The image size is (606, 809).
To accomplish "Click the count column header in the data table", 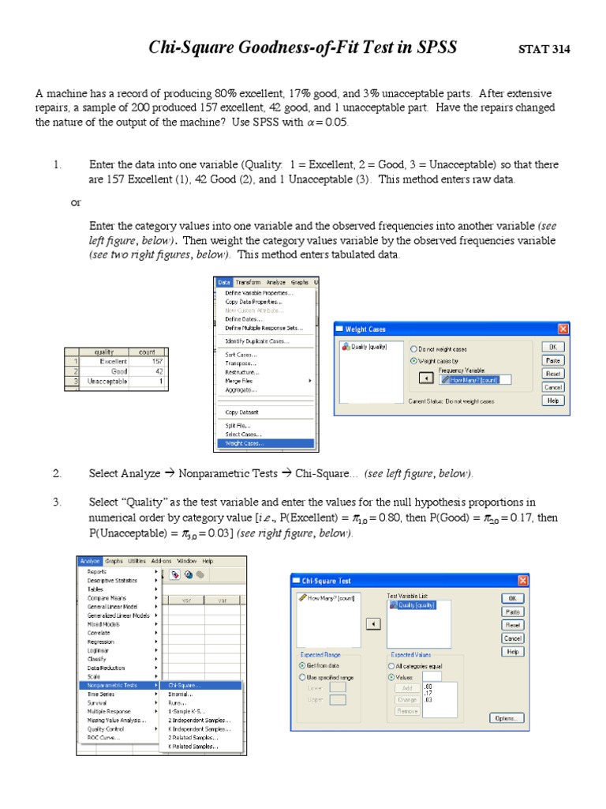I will pyautogui.click(x=147, y=352).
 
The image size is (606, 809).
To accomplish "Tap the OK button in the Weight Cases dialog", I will pyautogui.click(x=553, y=346).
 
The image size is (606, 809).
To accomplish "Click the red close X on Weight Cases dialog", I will pyautogui.click(x=563, y=329).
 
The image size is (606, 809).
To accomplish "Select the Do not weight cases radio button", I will pyautogui.click(x=413, y=348).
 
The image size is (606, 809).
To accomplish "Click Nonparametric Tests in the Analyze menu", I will pyautogui.click(x=111, y=685).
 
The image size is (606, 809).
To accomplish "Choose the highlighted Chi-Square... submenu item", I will pyautogui.click(x=184, y=685).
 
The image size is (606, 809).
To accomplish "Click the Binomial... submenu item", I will pyautogui.click(x=180, y=694).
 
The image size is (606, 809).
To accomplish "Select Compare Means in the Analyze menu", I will pyautogui.click(x=107, y=598).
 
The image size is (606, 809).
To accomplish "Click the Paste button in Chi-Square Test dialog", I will pyautogui.click(x=513, y=611).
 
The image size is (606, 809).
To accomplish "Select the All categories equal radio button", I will pyautogui.click(x=391, y=666).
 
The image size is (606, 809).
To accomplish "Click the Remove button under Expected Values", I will pyautogui.click(x=406, y=711).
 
